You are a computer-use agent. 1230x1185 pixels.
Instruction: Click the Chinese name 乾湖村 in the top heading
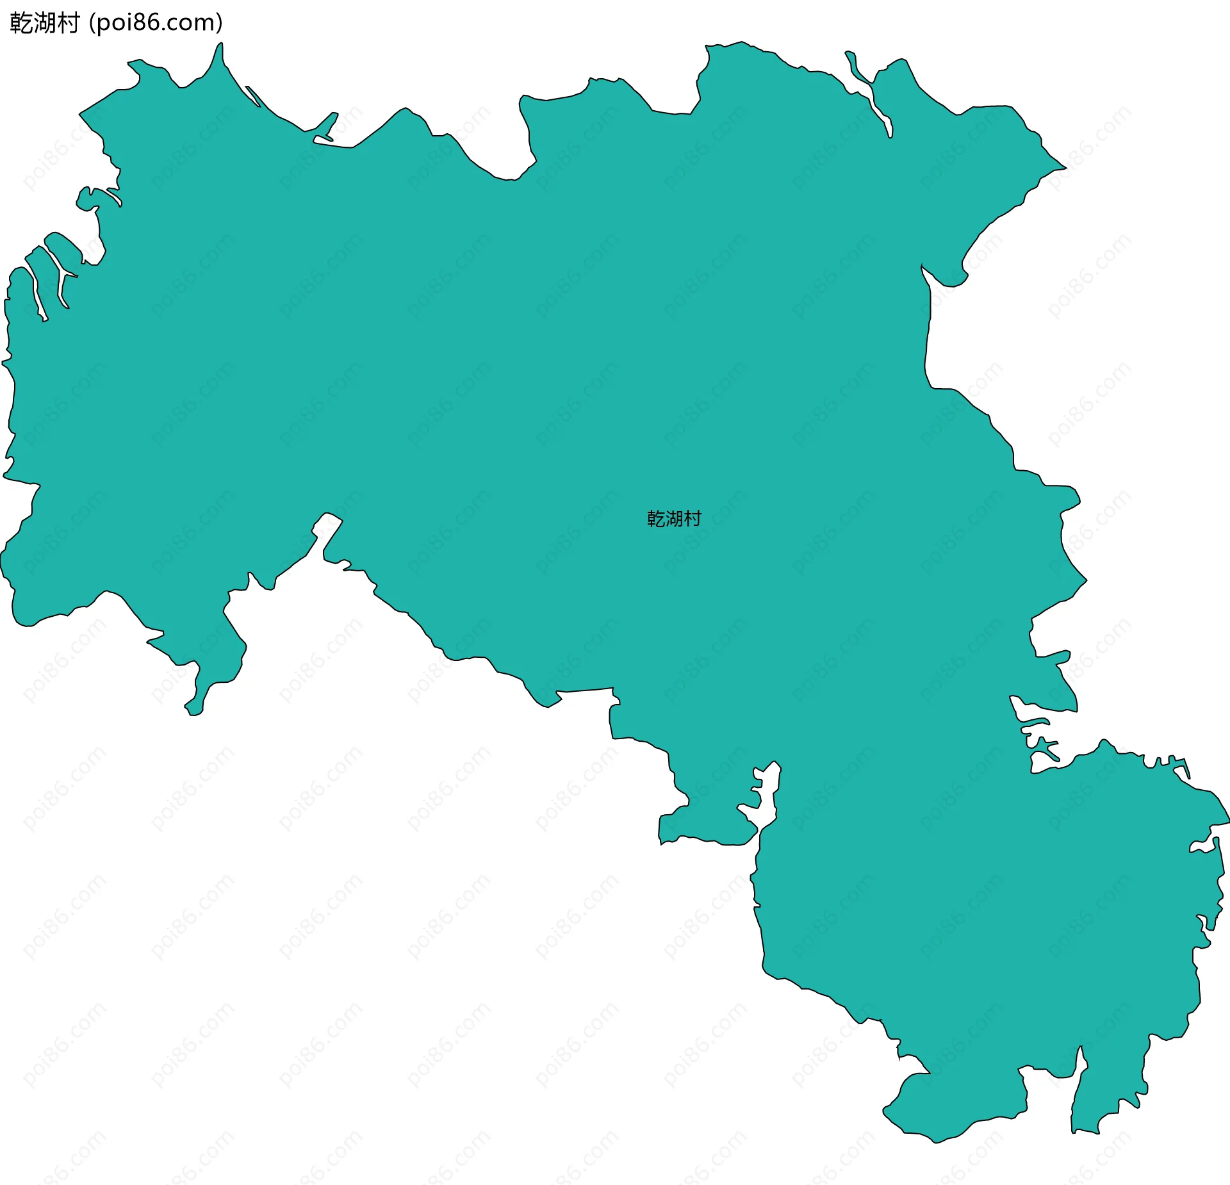pos(44,23)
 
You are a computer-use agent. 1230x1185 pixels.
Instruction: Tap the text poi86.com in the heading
pos(156,23)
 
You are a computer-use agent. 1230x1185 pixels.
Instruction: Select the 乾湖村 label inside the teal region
pos(674,518)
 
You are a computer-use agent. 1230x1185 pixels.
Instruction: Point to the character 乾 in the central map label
pos(656,518)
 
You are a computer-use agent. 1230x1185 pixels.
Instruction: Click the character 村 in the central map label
pos(693,518)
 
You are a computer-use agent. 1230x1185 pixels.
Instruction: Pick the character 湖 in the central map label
pos(674,518)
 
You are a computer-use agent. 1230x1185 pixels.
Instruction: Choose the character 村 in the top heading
pos(68,23)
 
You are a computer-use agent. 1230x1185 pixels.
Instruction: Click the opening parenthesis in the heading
pos(92,23)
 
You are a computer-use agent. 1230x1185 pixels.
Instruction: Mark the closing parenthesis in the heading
pos(219,23)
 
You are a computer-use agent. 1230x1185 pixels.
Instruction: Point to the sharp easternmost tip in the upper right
pos(1063,168)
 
